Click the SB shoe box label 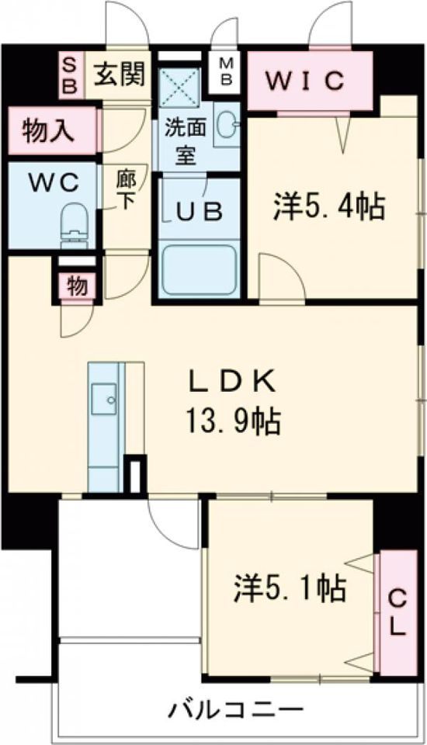(x=69, y=74)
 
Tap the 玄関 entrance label (x=120, y=74)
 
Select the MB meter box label (x=227, y=71)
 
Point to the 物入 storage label (x=49, y=130)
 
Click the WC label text (x=54, y=183)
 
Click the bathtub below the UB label (x=200, y=269)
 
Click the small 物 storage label (x=76, y=286)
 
